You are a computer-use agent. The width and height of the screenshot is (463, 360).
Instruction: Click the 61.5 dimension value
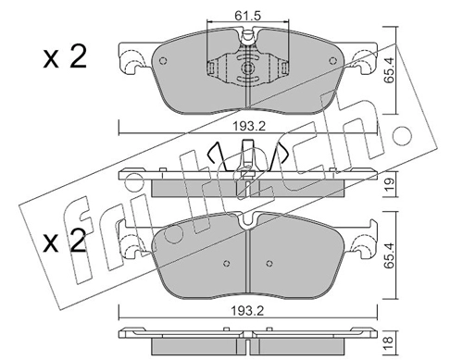coord(247,16)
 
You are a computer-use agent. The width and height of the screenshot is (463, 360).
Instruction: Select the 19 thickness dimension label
coord(389,184)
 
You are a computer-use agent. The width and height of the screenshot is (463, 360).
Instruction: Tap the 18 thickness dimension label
coord(389,340)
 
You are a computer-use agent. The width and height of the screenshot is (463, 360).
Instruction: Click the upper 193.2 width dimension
coord(249,126)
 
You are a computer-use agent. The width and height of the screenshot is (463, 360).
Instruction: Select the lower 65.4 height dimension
coord(389,255)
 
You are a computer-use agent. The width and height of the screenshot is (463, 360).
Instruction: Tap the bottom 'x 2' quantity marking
coord(65,241)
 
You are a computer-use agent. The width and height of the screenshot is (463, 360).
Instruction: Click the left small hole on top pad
coord(163,61)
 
